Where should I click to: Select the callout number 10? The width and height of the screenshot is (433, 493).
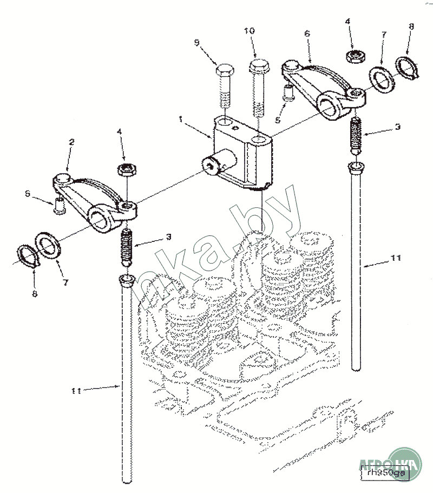click(249, 31)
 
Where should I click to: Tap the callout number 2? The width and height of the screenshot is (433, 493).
click(71, 142)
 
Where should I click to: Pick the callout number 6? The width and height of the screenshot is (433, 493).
click(307, 34)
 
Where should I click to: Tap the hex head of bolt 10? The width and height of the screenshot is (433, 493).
click(259, 68)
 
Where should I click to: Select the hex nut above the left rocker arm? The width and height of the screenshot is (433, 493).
click(126, 170)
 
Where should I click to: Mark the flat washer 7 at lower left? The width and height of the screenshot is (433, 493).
click(48, 244)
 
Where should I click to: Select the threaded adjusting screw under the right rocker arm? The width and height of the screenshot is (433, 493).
click(356, 133)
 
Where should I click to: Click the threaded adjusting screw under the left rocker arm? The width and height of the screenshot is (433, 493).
click(127, 246)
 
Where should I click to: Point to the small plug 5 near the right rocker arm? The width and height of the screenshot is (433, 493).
click(289, 93)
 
